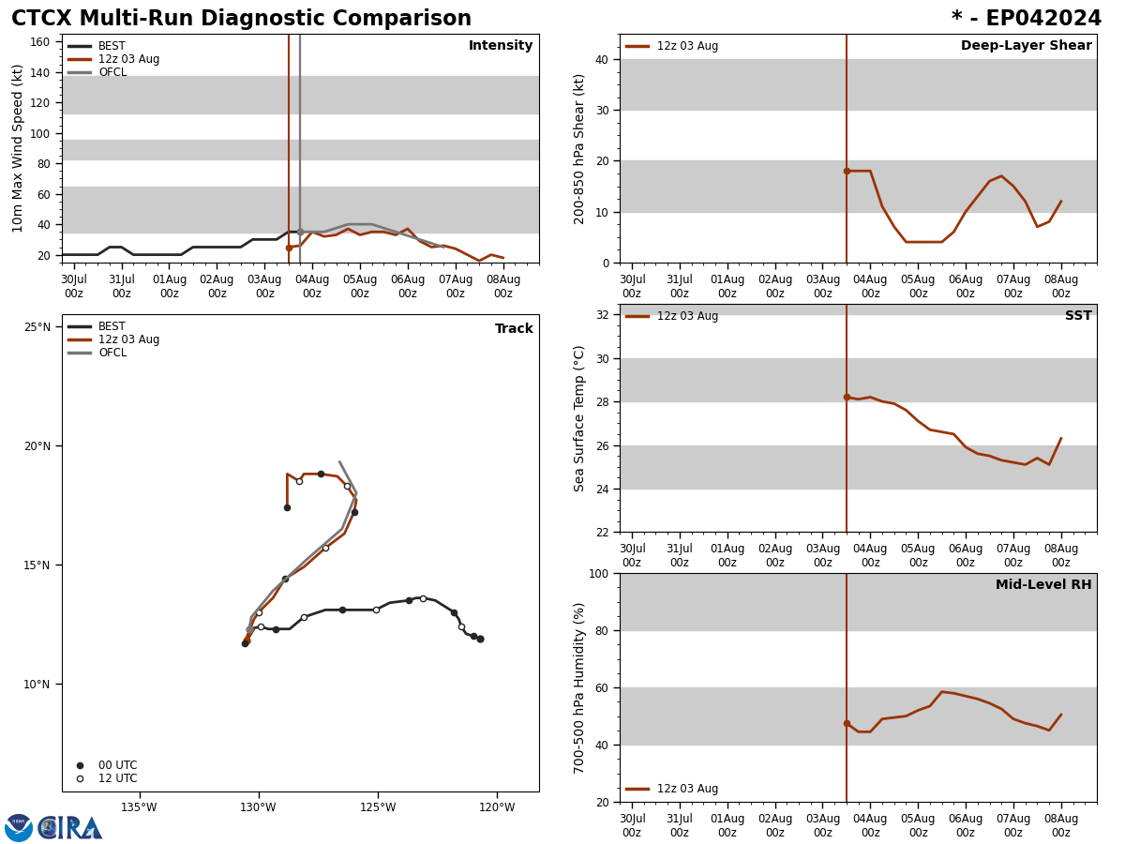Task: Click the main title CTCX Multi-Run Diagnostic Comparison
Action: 241,19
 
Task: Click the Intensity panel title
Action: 501,46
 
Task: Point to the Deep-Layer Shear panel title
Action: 1026,46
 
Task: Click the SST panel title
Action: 1078,316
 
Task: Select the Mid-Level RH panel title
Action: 1043,585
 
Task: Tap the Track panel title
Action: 514,329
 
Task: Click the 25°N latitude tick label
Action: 37,327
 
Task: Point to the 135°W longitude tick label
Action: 139,807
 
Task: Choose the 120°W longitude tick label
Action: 497,807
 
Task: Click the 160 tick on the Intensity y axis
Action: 40,42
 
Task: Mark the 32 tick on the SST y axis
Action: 602,315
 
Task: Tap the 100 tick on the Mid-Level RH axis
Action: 598,574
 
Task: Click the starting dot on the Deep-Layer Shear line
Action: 847,171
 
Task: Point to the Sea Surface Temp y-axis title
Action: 579,418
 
